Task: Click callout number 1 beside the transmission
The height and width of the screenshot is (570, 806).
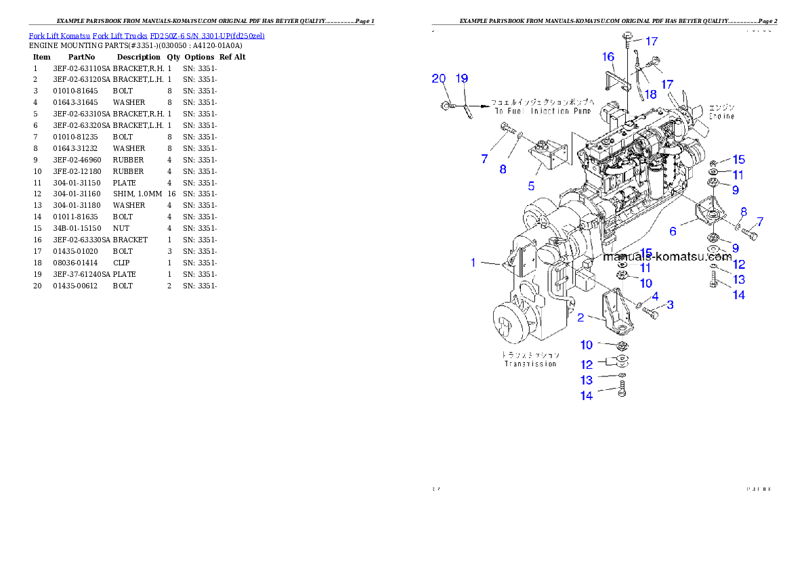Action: click(x=474, y=263)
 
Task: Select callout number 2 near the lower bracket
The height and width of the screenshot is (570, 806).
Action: click(x=580, y=317)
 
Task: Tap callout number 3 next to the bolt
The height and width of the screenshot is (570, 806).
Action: click(x=670, y=305)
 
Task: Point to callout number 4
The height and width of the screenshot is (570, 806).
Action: click(x=655, y=297)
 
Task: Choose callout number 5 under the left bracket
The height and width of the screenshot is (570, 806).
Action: click(x=532, y=185)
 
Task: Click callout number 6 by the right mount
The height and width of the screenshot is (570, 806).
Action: click(x=673, y=232)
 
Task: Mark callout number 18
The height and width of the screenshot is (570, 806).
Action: click(x=650, y=94)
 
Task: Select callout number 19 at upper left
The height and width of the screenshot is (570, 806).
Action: click(x=461, y=79)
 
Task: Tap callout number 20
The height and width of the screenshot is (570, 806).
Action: click(x=439, y=79)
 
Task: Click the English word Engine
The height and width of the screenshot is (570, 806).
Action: click(x=721, y=116)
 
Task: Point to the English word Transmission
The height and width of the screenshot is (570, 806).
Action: click(x=530, y=364)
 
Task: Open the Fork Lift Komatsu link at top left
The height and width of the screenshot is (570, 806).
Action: click(x=146, y=35)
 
